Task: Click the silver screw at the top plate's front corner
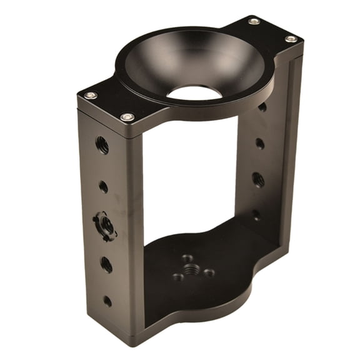pyautogui.click(x=127, y=117)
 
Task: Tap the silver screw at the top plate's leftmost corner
pyautogui.click(x=91, y=95)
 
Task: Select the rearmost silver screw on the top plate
pyautogui.click(x=254, y=21)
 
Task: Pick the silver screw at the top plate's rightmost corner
pyautogui.click(x=291, y=39)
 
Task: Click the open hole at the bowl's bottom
pyautogui.click(x=195, y=93)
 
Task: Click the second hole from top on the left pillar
pyautogui.click(x=103, y=186)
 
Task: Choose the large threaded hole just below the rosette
pyautogui.click(x=106, y=264)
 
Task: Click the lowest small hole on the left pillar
pyautogui.click(x=107, y=301)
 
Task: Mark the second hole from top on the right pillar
pyautogui.click(x=260, y=143)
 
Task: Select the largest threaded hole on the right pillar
pyautogui.click(x=258, y=180)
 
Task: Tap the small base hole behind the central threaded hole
pyautogui.click(x=187, y=257)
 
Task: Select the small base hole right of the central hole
pyautogui.click(x=209, y=272)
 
